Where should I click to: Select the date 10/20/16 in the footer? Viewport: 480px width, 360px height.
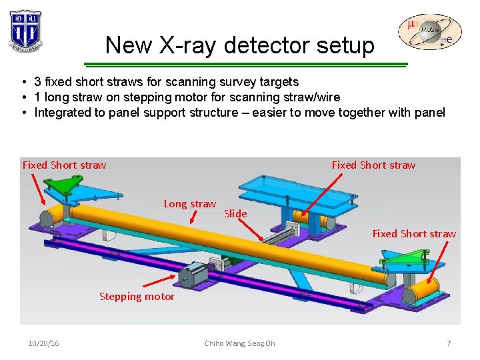click(x=43, y=343)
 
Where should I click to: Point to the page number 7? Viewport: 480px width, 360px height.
click(x=449, y=343)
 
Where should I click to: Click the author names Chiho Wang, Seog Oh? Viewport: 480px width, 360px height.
click(x=240, y=343)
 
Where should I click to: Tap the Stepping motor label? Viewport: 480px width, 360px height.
click(x=137, y=297)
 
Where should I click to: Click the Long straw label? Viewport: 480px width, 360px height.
click(x=190, y=204)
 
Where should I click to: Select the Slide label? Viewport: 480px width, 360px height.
click(x=235, y=214)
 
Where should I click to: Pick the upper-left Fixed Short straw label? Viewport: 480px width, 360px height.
click(x=64, y=165)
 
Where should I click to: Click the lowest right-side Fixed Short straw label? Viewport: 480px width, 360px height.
click(x=414, y=234)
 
